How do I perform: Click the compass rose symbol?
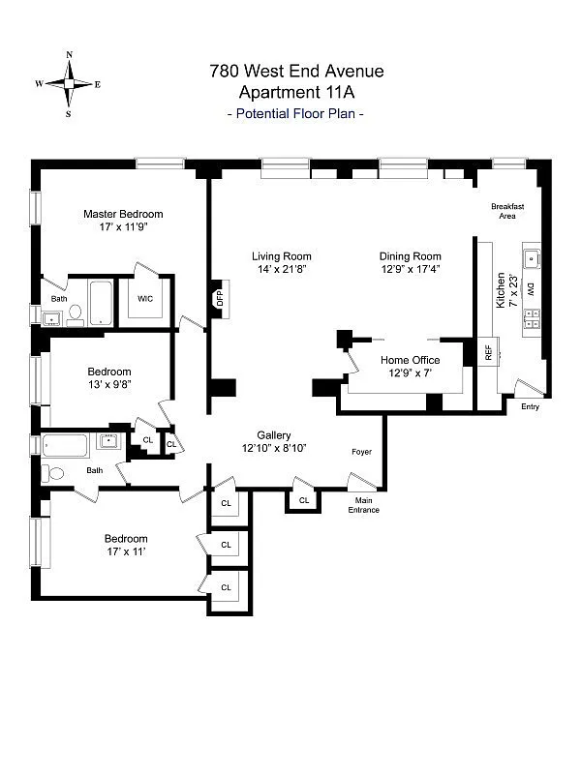click(x=68, y=84)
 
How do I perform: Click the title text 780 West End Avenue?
click(x=296, y=71)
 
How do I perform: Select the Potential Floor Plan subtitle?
click(x=295, y=114)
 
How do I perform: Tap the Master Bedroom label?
click(x=123, y=214)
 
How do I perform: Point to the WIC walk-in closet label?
click(x=144, y=299)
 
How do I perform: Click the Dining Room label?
click(x=411, y=256)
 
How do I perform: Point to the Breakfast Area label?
click(x=507, y=211)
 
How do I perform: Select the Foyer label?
click(x=361, y=452)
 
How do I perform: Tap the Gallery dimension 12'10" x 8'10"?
click(x=274, y=449)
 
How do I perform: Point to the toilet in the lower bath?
click(x=53, y=474)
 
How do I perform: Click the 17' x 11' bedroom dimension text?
click(x=126, y=552)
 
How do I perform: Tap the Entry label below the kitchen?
click(x=529, y=406)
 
